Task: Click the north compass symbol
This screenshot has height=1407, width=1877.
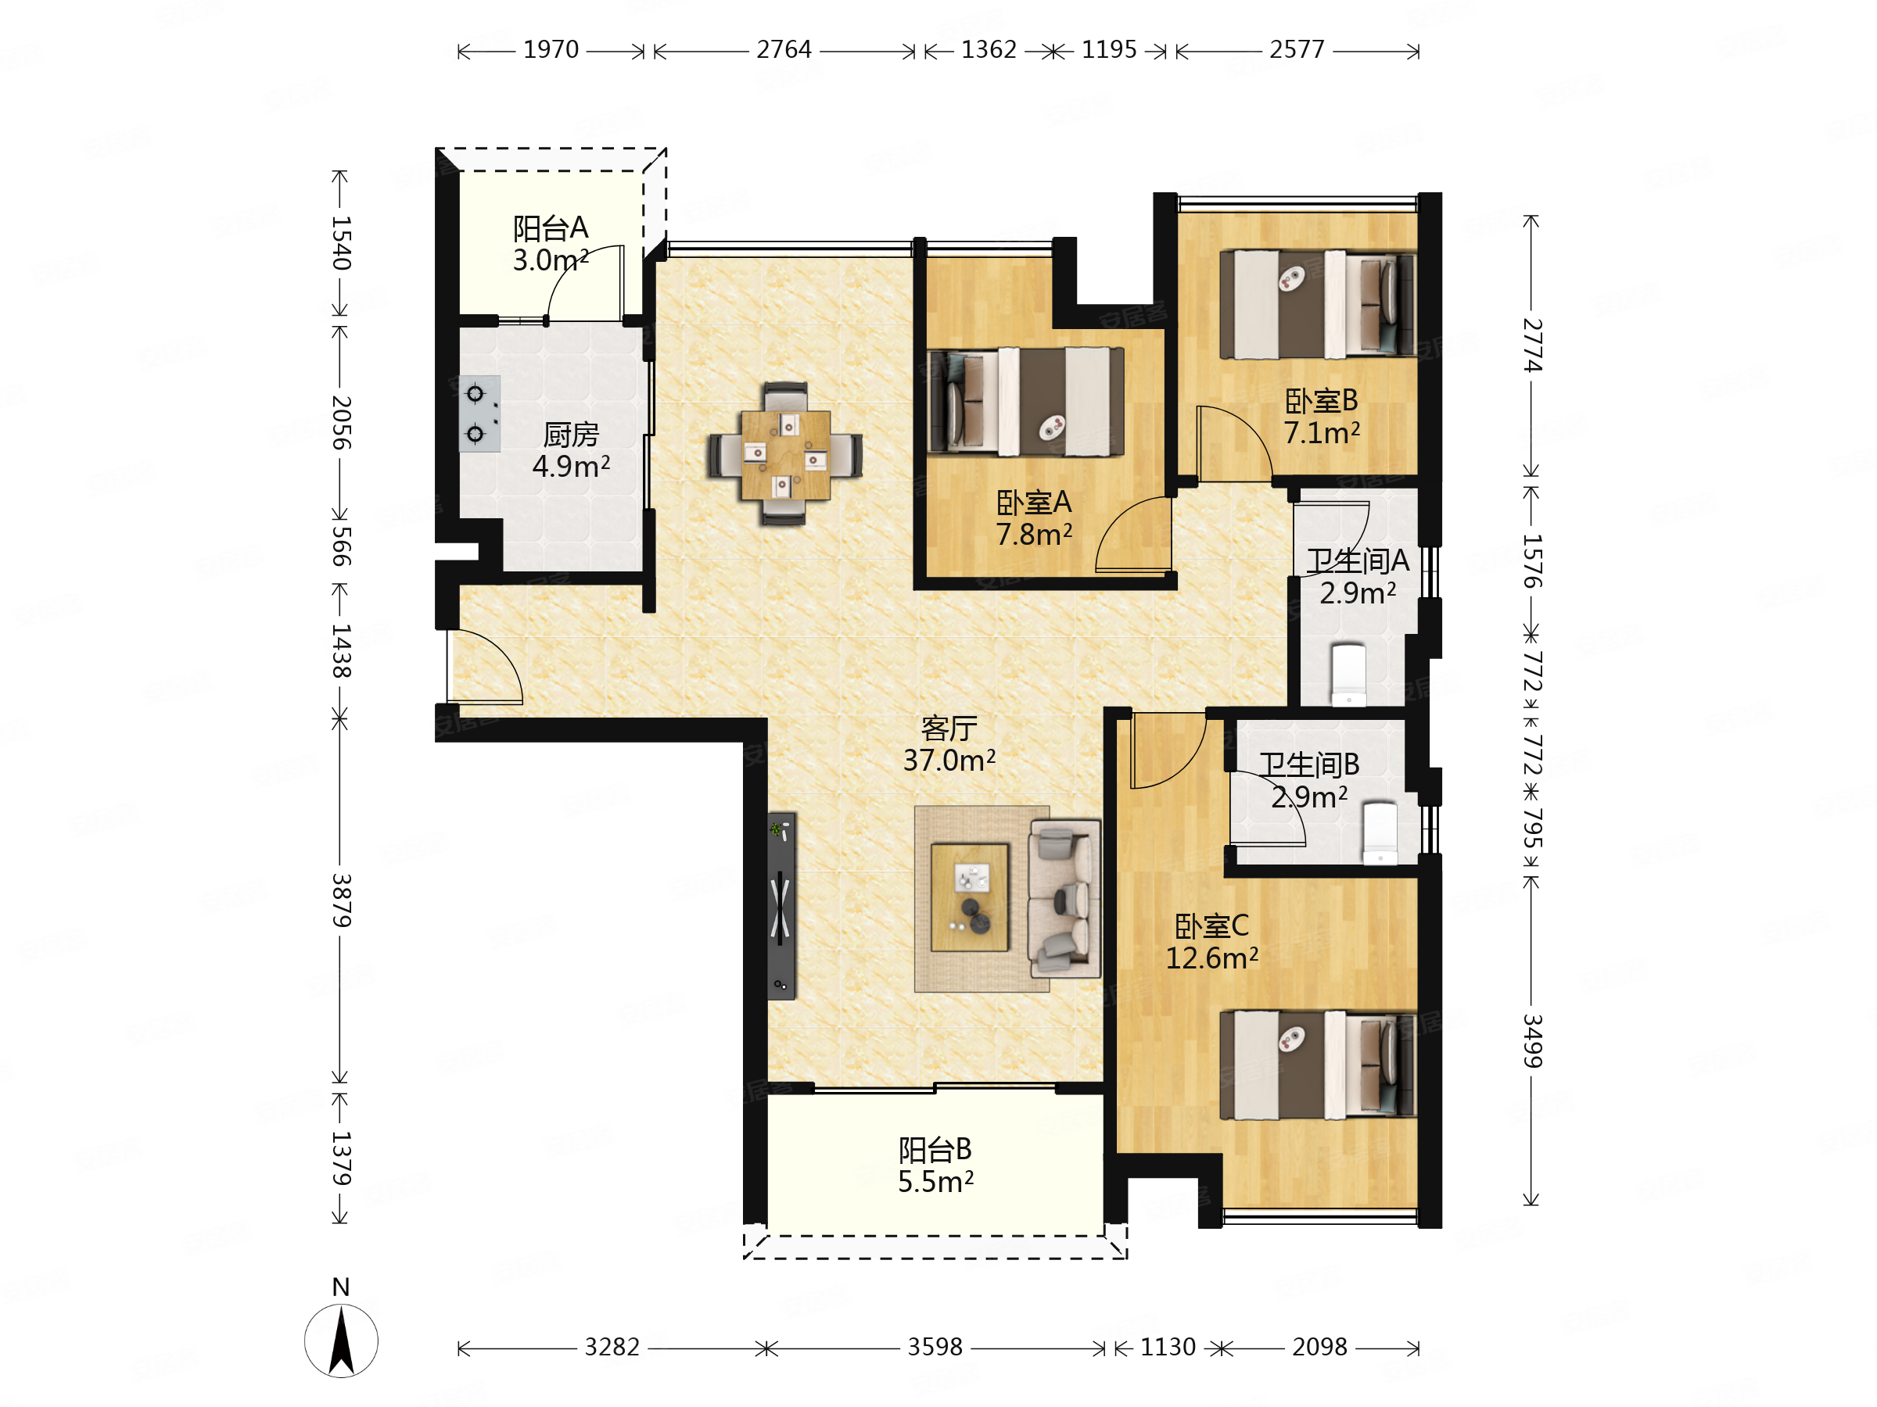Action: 341,1341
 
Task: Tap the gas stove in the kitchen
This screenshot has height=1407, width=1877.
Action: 479,414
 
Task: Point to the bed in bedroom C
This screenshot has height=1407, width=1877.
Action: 1317,1065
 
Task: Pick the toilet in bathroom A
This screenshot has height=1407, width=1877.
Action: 1348,675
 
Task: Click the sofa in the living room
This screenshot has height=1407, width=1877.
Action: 1064,899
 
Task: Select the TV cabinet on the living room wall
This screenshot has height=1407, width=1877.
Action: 781,906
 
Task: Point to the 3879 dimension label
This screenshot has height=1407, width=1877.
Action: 341,900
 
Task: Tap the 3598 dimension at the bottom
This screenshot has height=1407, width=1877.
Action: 935,1347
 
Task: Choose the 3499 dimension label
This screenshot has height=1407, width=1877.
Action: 1531,1040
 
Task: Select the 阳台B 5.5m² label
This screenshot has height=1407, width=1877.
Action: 935,1165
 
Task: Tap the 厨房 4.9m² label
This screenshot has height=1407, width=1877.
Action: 570,450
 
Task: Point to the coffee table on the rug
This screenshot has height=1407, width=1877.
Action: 970,897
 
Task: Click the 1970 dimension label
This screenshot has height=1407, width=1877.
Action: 551,50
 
